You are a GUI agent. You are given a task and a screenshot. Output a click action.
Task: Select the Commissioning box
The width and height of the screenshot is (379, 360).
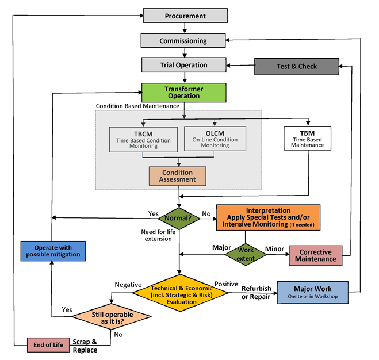point(183,40)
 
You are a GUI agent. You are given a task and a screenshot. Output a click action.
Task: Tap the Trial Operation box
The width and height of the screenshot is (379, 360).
point(183,65)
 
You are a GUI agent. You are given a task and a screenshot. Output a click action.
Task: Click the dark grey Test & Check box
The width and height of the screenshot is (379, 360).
point(297,66)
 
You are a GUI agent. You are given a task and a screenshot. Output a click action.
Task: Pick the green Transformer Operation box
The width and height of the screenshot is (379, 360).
point(183,93)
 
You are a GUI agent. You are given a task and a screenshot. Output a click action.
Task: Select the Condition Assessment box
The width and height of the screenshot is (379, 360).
point(178,176)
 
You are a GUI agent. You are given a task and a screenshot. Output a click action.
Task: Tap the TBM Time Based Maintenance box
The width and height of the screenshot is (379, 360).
point(307,138)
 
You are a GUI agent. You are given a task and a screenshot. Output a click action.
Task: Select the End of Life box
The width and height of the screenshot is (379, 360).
point(48,344)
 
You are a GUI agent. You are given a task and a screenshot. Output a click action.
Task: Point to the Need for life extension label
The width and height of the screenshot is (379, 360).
point(156,235)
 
